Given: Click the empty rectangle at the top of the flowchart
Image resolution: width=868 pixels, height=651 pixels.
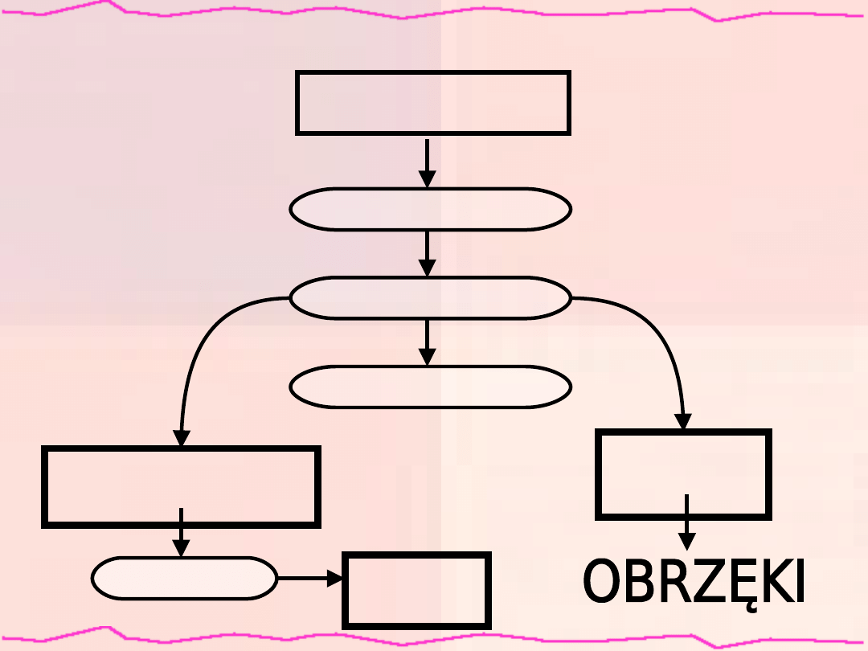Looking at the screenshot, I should (433, 102).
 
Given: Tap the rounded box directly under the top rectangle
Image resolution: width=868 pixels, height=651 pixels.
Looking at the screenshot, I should (430, 210).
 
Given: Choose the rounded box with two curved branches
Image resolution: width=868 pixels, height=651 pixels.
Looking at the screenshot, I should (430, 298).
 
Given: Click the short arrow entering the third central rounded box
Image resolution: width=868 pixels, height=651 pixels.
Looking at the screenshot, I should (428, 342).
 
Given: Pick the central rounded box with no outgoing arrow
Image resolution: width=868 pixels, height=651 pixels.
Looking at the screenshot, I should (430, 387).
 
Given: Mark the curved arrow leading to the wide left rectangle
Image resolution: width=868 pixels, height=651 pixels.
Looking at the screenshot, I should (197, 346).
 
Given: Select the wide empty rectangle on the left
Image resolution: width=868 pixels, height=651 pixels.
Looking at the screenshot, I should (181, 486).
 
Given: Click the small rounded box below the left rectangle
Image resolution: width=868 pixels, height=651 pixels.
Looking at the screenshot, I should (184, 578).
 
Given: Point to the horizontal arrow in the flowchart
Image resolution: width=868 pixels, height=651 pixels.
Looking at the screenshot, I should (309, 578).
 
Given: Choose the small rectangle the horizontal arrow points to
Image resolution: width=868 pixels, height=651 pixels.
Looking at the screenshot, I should (416, 590).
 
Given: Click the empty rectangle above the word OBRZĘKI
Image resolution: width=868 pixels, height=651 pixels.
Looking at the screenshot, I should (684, 474).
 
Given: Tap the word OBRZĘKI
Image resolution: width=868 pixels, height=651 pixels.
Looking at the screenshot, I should (694, 582).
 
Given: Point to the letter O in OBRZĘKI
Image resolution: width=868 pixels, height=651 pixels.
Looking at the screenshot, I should (603, 582).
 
